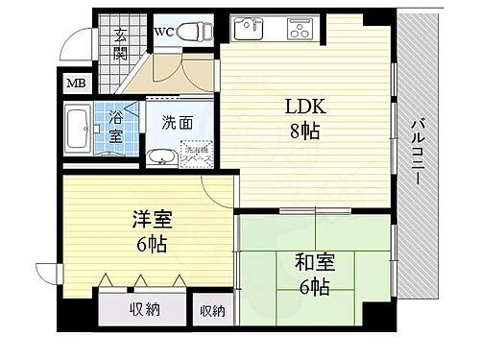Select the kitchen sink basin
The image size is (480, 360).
pyautogui.click(x=252, y=26)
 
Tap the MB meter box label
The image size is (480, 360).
pyautogui.click(x=75, y=84)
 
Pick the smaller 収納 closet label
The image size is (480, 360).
pyautogui.click(x=212, y=310)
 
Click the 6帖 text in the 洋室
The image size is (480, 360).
pyautogui.click(x=151, y=244)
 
